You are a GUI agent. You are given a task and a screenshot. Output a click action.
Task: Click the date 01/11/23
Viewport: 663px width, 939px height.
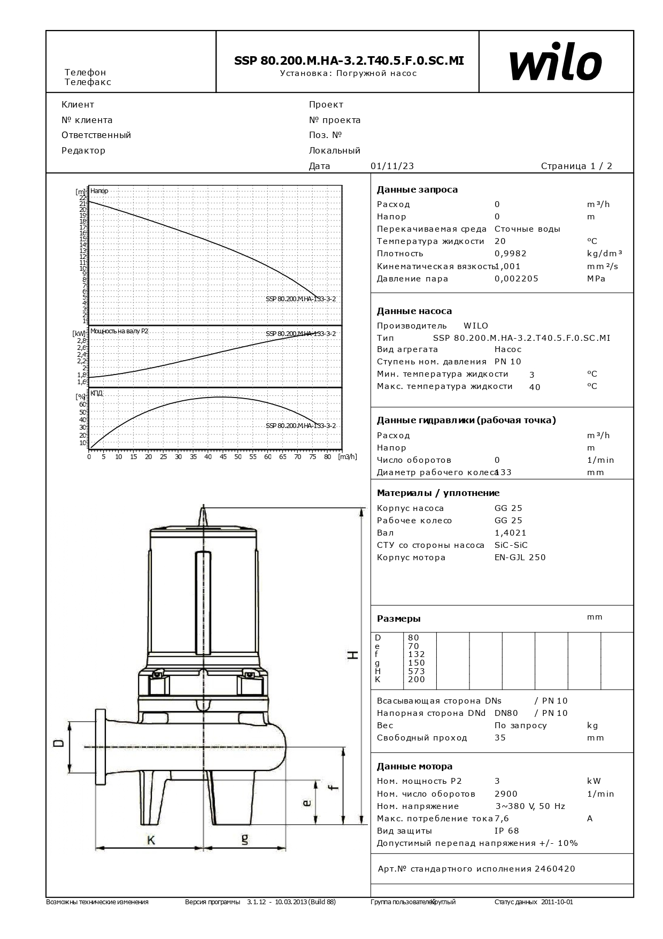coord(392,166)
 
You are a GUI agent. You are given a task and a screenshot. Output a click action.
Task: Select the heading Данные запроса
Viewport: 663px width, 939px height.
coord(417,189)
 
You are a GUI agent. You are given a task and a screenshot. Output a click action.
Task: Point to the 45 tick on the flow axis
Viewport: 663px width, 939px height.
coord(223,457)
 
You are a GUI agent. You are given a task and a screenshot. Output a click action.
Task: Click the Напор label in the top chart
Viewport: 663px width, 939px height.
coord(99,191)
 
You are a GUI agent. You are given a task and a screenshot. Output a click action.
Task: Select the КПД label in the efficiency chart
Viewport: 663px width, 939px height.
coord(96,393)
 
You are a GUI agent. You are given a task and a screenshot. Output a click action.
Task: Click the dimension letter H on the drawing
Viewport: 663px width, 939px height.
coord(353,654)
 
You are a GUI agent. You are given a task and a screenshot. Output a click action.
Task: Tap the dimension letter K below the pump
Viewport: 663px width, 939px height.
coord(151,841)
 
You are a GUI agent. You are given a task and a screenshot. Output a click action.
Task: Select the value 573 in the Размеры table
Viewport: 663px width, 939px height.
coord(416,671)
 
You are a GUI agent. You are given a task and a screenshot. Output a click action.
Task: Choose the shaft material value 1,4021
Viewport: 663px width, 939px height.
coord(510,533)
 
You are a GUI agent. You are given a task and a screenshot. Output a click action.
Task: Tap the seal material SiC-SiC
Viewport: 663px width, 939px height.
coord(511,545)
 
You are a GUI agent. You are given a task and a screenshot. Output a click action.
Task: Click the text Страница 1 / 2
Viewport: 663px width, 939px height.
coord(576,166)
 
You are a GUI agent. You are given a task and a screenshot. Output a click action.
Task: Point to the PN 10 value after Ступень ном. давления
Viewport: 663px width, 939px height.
coord(507,362)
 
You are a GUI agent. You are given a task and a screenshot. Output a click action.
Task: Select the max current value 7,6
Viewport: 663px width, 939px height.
coord(502,819)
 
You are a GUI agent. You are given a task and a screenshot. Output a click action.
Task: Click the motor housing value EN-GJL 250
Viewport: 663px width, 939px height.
coord(520,558)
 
